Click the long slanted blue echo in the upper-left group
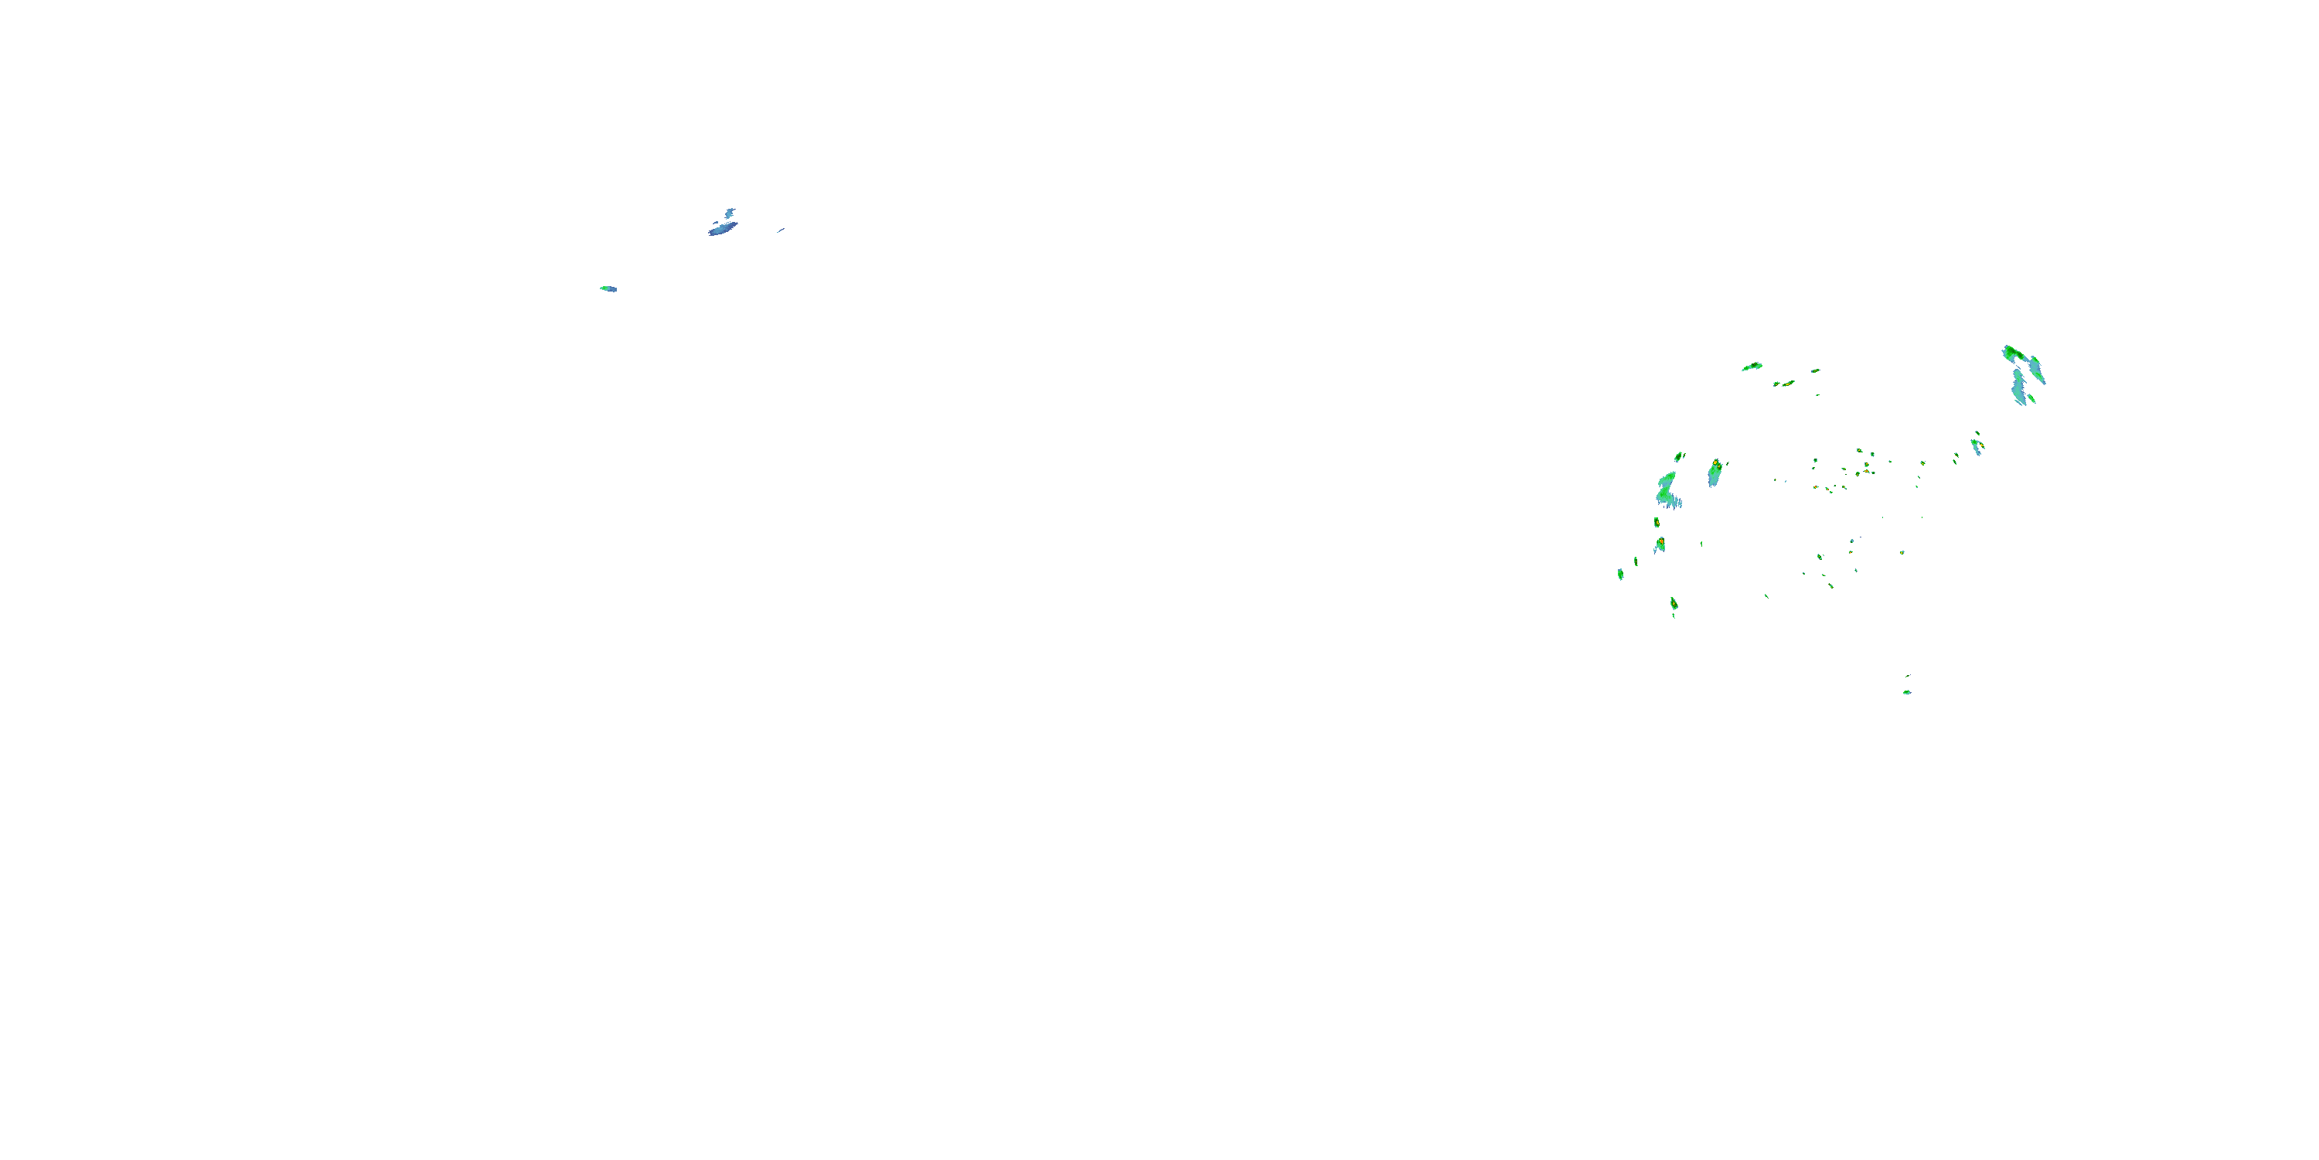[x=721, y=229]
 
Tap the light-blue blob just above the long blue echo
[x=729, y=213]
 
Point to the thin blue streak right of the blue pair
[x=781, y=230]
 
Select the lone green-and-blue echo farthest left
[x=608, y=288]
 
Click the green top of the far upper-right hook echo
[x=2014, y=352]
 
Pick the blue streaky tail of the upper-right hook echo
[x=2019, y=387]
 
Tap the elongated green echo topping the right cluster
[x=1752, y=367]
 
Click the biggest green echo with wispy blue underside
[x=1667, y=491]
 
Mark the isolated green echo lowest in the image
[x=1907, y=691]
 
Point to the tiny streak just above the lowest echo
[x=1908, y=675]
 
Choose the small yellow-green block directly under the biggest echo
[x=1657, y=522]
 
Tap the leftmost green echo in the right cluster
[x=1620, y=573]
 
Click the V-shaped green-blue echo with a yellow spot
[x=1977, y=445]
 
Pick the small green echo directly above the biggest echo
[x=1679, y=456]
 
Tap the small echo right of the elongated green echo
[x=1815, y=370]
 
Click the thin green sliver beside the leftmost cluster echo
[x=1636, y=561]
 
